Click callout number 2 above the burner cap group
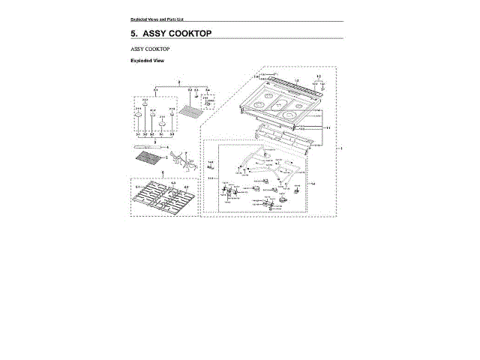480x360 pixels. [x=178, y=80]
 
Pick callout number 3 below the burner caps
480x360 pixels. [x=153, y=141]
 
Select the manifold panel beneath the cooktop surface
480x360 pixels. [x=285, y=135]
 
